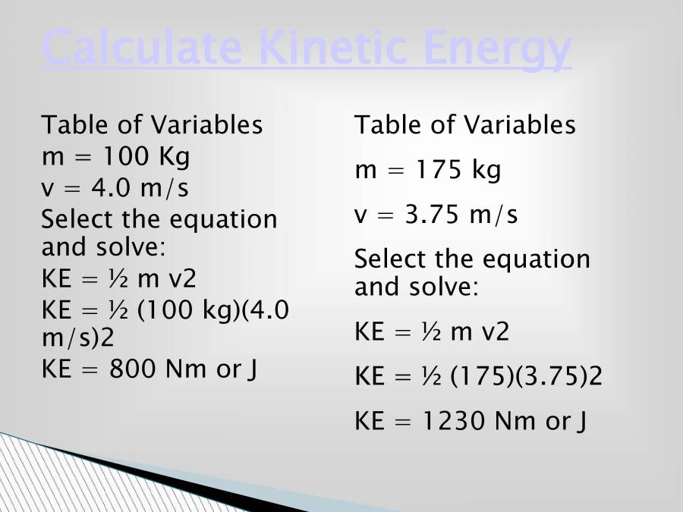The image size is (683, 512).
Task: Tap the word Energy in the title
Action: (x=497, y=49)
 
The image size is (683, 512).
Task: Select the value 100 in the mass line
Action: (x=127, y=156)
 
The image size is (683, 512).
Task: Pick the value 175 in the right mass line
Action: (x=439, y=169)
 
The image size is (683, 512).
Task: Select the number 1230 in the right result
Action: (x=452, y=421)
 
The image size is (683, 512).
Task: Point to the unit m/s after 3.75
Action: (x=493, y=215)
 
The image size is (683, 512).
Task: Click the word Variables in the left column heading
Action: (x=207, y=124)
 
